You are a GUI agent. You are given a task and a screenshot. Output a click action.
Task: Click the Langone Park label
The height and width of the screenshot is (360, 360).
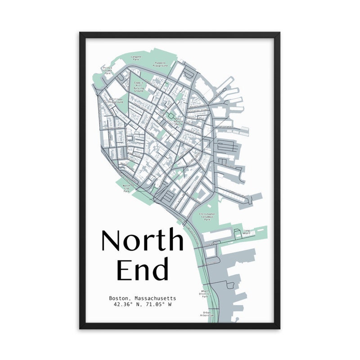coord(135,58)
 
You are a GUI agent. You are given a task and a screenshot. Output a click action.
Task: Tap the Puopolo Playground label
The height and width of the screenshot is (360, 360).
coord(160,64)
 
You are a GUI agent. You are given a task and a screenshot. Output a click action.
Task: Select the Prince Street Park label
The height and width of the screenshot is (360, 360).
coord(107,70)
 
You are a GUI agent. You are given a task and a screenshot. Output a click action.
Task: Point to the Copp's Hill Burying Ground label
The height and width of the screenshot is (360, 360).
coord(139,87)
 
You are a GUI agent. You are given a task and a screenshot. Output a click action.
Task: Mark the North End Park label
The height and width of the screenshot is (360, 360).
coord(129,188)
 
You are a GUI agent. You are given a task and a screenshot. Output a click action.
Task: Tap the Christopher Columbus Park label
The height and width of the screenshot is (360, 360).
coord(207,217)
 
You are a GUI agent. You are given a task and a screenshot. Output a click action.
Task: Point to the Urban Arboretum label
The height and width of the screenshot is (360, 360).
coord(207,314)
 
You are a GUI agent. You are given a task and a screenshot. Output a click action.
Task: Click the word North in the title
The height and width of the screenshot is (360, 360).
coord(142,241)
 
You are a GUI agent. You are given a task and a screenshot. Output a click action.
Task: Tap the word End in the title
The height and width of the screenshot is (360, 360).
coord(142,269)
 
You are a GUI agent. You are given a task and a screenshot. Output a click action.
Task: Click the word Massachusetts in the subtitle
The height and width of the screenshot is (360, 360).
coord(154,298)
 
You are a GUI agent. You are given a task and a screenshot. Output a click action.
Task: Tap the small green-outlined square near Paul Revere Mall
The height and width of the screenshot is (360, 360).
coord(171,116)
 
